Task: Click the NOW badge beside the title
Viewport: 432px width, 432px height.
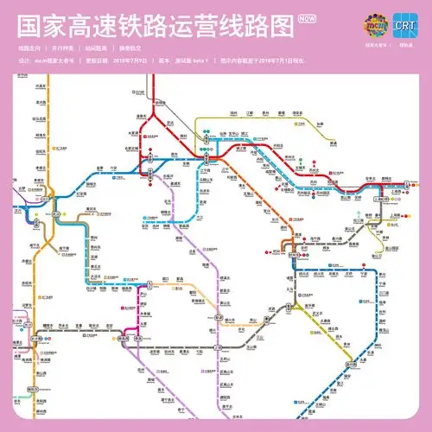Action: [305, 17]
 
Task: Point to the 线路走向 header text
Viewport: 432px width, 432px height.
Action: [29, 47]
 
